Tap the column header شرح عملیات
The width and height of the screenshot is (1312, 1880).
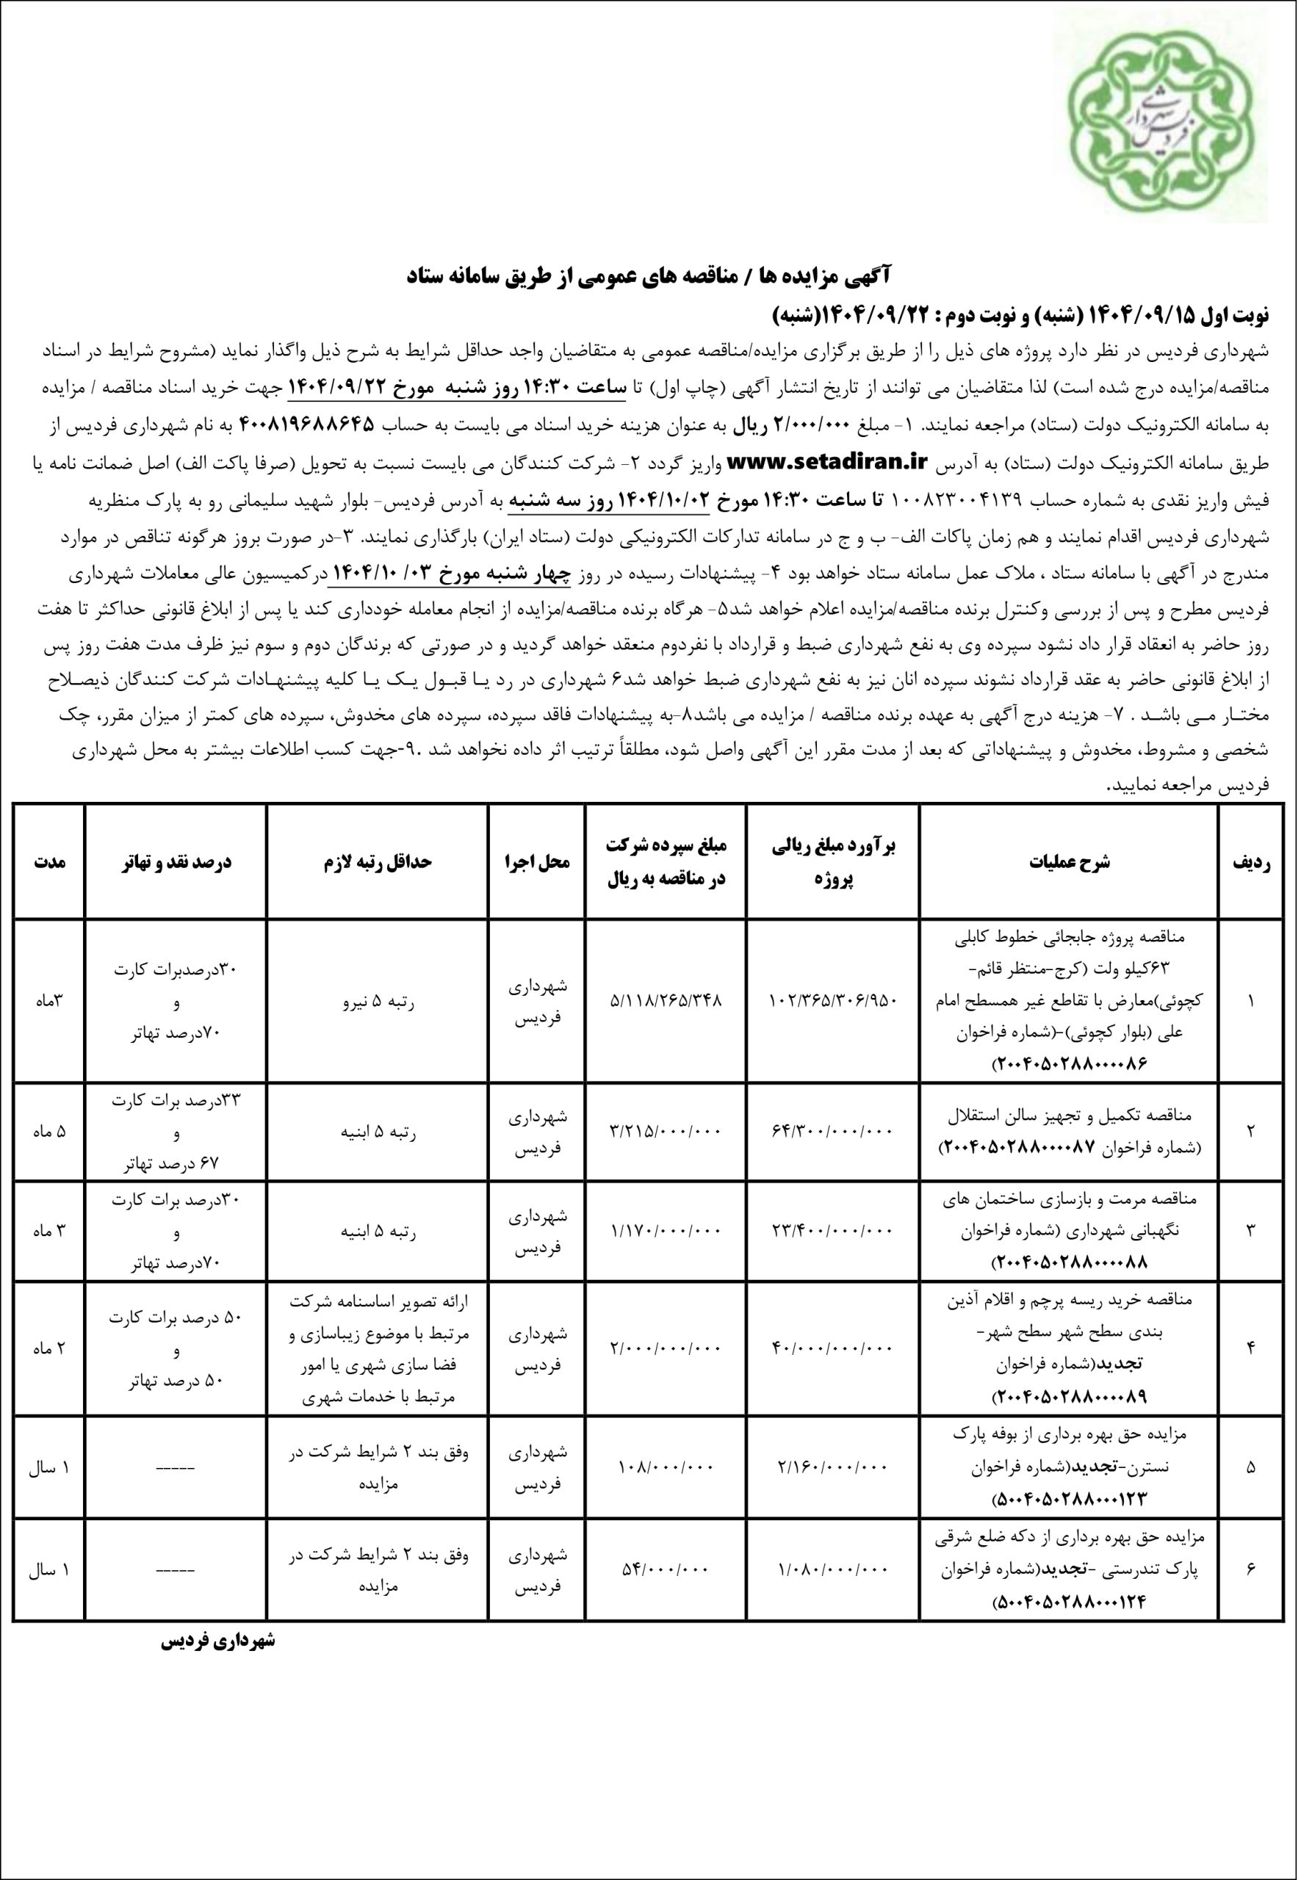pyautogui.click(x=1070, y=861)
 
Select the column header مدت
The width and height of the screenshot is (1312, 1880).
pyautogui.click(x=49, y=861)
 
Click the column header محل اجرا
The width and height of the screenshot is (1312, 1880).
pyautogui.click(x=536, y=861)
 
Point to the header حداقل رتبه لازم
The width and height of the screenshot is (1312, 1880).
pyautogui.click(x=377, y=861)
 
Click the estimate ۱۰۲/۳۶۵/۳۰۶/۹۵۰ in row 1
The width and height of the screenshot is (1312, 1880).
pyautogui.click(x=834, y=1001)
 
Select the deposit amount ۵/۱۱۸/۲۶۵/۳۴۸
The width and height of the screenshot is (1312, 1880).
pyautogui.click(x=666, y=1001)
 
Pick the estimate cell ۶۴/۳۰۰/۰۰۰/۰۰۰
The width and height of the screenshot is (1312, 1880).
pyautogui.click(x=834, y=1132)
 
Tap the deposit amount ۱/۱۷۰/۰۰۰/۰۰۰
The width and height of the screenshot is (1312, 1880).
pyautogui.click(x=666, y=1252)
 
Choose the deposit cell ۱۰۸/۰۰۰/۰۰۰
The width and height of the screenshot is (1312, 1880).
pyautogui.click(x=666, y=1491)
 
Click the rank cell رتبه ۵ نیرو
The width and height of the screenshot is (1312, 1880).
pyautogui.click(x=378, y=1001)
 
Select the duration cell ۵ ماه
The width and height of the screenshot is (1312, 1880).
pyautogui.click(x=49, y=1132)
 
